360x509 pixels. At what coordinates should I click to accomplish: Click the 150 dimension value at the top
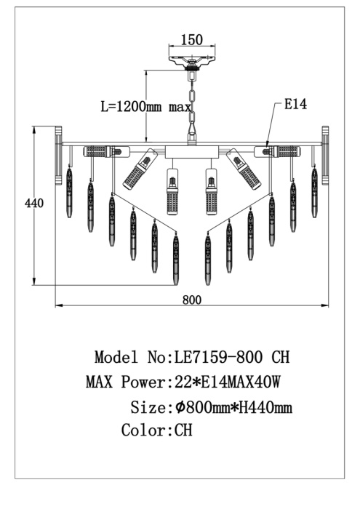(x=191, y=40)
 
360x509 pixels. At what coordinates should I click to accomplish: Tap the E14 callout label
(x=295, y=105)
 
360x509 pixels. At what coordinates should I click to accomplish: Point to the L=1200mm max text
(x=145, y=106)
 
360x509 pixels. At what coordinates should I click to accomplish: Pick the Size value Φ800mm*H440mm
(x=233, y=406)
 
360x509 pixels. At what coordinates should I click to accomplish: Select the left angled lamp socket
(x=140, y=169)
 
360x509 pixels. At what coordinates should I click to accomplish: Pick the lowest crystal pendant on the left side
(x=176, y=258)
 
